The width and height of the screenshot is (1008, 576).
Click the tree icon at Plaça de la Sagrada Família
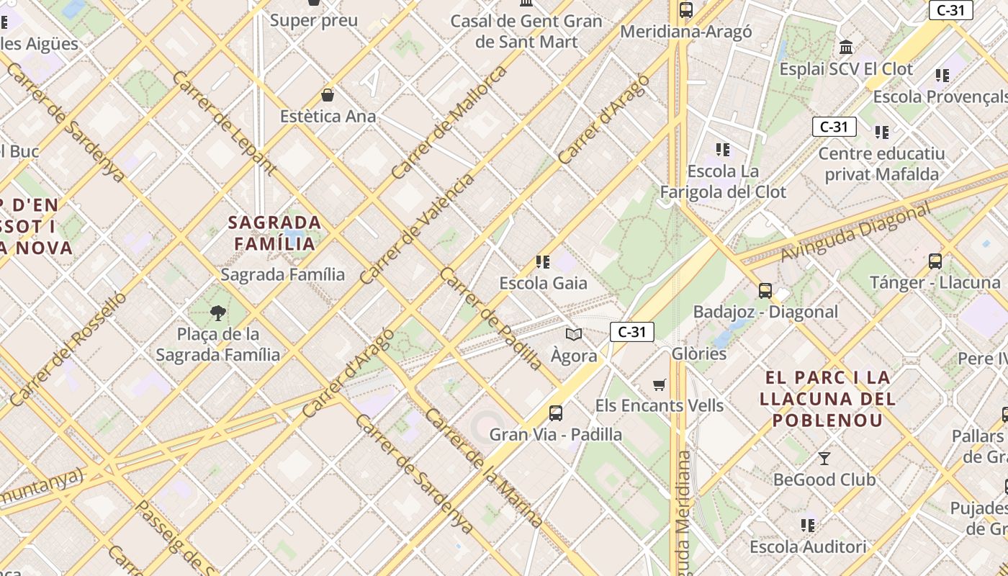point(217,312)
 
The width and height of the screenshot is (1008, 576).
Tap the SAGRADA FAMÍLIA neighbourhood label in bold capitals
point(274,233)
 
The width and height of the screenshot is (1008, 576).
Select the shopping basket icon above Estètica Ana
point(328,95)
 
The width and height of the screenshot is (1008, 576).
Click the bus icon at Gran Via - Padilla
point(556,413)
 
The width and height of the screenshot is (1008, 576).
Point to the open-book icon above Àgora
point(574,334)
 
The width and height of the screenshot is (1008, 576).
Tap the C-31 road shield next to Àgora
point(631,332)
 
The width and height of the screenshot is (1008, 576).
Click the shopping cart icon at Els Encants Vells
point(659,384)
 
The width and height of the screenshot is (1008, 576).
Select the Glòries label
point(698,354)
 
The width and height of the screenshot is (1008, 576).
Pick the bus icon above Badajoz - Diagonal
point(765,291)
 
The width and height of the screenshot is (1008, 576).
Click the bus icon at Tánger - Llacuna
point(935,261)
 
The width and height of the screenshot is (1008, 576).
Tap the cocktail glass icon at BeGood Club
point(824,458)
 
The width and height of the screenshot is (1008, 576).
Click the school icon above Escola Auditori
point(808,526)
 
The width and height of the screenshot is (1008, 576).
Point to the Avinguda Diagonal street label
point(855,233)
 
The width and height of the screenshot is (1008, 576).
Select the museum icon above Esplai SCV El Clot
point(846,48)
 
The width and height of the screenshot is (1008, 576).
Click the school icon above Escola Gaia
point(543,262)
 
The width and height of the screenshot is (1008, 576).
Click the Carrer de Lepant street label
point(224,122)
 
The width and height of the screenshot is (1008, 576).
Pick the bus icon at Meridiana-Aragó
point(685,10)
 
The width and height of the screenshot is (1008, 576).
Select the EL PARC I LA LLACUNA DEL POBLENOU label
point(827,398)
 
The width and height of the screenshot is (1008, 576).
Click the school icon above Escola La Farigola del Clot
point(723,150)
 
